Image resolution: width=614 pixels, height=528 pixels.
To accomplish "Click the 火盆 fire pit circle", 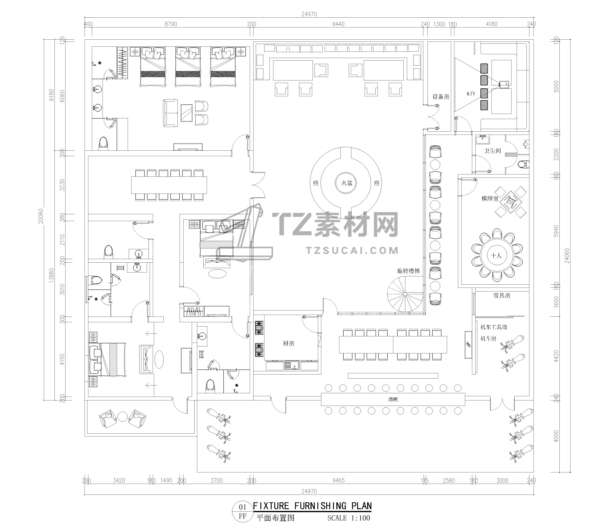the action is click(x=346, y=183).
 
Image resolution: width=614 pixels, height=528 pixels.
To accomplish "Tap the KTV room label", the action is click(x=471, y=94).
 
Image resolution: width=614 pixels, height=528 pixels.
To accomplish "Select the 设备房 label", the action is click(x=441, y=97).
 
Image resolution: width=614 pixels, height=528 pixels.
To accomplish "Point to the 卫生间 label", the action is click(x=492, y=151).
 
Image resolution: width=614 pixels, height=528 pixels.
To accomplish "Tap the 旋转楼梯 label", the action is click(x=409, y=271).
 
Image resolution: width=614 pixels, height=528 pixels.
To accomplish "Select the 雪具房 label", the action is click(x=502, y=295).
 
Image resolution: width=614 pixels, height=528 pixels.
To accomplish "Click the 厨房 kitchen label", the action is click(x=289, y=343).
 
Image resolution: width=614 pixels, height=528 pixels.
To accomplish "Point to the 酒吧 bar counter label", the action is click(x=393, y=399).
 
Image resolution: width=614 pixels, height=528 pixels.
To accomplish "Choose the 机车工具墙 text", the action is click(x=494, y=327).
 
